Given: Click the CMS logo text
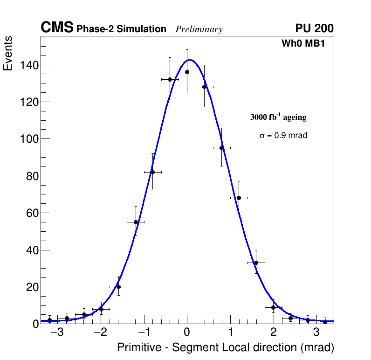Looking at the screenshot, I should (57, 28).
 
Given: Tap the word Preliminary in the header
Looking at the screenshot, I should (199, 29).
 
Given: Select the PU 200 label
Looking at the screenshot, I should (314, 28).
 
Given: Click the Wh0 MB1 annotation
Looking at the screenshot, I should (303, 44).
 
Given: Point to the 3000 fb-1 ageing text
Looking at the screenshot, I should (278, 117).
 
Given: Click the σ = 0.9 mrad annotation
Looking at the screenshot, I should (283, 136).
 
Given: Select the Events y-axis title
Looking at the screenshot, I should (8, 54).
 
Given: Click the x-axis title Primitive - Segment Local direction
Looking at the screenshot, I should (226, 348).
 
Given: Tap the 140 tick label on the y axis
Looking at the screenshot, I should (29, 65).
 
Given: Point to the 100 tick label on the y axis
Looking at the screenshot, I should (29, 139).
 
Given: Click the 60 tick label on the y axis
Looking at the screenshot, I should (31, 213).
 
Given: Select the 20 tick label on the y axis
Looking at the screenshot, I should (31, 287).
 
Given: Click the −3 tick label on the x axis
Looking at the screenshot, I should (57, 332).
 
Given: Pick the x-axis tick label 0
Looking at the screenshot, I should (187, 332).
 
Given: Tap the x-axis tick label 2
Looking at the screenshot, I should (273, 332).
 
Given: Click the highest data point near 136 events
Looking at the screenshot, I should (187, 72).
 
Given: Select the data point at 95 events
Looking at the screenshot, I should (221, 148).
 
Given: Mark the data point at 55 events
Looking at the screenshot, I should (136, 222).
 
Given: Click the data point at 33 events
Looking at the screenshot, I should (256, 263).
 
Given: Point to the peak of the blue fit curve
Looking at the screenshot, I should (190, 60).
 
